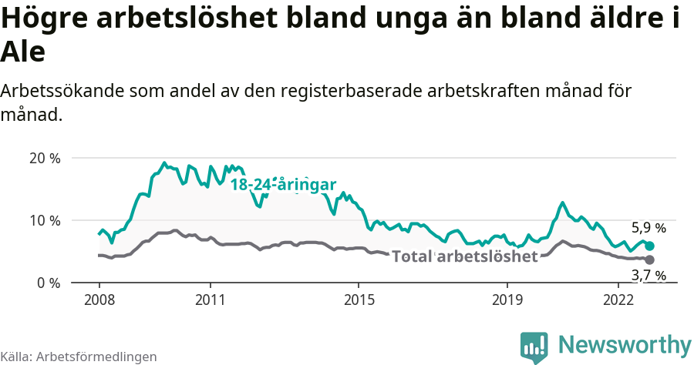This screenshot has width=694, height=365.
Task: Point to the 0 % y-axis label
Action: (x=49, y=283)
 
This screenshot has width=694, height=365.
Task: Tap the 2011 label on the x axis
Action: (x=211, y=299)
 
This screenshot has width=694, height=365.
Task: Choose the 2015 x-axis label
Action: (x=359, y=299)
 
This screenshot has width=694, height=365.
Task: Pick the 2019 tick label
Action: (x=507, y=299)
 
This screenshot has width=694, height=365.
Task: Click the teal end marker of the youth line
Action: (x=649, y=246)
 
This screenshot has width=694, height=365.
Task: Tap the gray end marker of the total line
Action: (x=649, y=260)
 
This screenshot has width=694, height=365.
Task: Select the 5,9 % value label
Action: (x=648, y=228)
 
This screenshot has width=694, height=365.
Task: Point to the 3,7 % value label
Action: (x=648, y=275)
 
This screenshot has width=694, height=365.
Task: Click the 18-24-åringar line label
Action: (x=283, y=185)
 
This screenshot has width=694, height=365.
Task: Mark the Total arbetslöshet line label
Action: (x=464, y=256)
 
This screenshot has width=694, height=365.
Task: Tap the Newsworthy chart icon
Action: (x=534, y=347)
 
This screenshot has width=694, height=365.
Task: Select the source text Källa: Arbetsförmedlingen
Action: (x=79, y=357)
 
